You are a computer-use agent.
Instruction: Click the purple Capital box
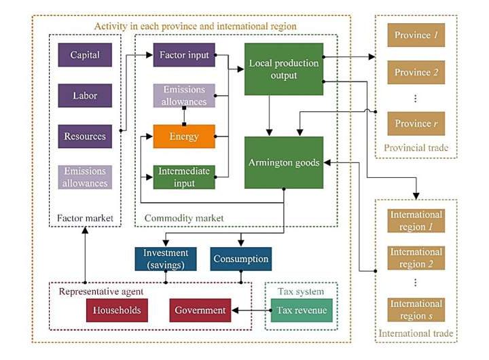[x=85, y=55]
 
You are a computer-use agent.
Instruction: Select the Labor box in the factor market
[x=85, y=96]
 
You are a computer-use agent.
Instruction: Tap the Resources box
[x=85, y=137]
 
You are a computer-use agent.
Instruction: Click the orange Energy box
[x=183, y=137]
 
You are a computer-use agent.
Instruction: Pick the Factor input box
[x=183, y=55]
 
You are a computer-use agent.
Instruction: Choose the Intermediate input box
[x=183, y=177]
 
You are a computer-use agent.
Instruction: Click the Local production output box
[x=283, y=69]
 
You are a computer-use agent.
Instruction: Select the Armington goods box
[x=283, y=162]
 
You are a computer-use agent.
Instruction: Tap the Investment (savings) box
[x=166, y=258]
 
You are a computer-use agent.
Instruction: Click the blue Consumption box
[x=240, y=259]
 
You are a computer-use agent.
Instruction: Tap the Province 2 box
[x=412, y=73]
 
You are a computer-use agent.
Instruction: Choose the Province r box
[x=412, y=124]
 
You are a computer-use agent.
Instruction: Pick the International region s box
[x=416, y=309]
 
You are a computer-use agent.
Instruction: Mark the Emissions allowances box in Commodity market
[x=183, y=96]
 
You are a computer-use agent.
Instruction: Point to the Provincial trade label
[x=413, y=148]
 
